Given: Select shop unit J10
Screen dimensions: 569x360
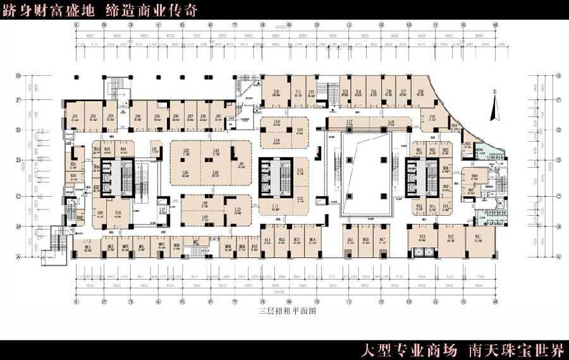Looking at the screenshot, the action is pos(277,93).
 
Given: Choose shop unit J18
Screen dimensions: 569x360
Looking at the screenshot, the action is pos(420,93).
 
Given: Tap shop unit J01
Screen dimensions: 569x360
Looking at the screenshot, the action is pos(75,117).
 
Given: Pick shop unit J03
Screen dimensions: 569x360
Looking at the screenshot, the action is pos(110,117).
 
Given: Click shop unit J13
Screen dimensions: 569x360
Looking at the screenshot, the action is pos(345,93).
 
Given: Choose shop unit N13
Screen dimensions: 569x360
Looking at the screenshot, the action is pos(422,239).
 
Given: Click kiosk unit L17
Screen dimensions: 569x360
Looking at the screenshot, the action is pos(349,123).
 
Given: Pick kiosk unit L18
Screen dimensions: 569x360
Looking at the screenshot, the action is pos(391,123).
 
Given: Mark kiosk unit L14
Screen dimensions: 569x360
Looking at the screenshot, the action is pos(277,140).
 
